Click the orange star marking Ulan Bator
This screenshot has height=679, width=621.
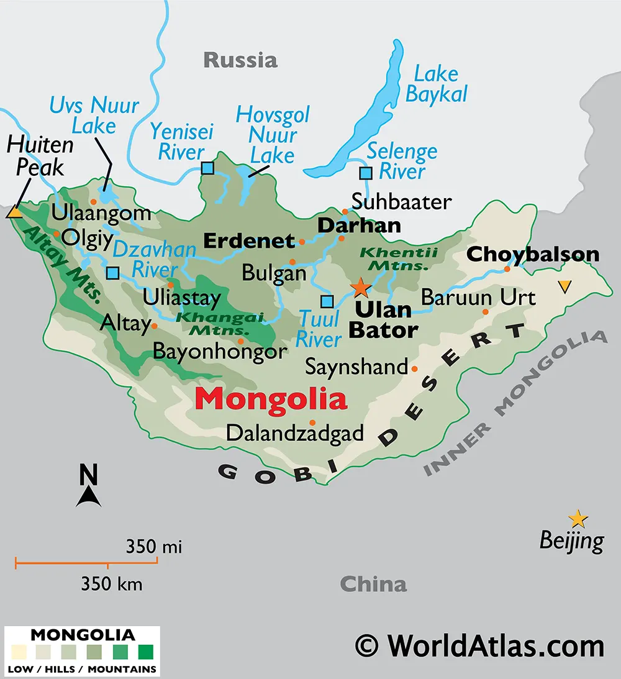click(360, 288)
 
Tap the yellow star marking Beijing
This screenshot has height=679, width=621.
click(578, 518)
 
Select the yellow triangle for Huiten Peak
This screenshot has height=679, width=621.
click(14, 212)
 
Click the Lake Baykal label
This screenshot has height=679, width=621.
click(435, 84)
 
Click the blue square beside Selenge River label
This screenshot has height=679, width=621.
click(366, 173)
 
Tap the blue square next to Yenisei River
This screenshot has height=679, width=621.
click(207, 168)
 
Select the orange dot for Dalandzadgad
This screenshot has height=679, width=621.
click(312, 422)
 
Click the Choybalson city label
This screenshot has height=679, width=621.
click(532, 254)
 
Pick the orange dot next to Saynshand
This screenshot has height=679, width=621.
click(415, 368)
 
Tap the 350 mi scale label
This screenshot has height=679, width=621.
click(153, 547)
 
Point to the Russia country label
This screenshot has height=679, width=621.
click(240, 60)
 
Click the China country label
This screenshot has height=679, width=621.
click(373, 584)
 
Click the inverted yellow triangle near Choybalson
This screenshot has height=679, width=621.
click(564, 286)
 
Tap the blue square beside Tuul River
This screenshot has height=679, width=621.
click(327, 302)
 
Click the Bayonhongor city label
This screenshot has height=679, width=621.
click(220, 352)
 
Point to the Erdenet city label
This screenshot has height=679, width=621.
click(249, 240)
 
